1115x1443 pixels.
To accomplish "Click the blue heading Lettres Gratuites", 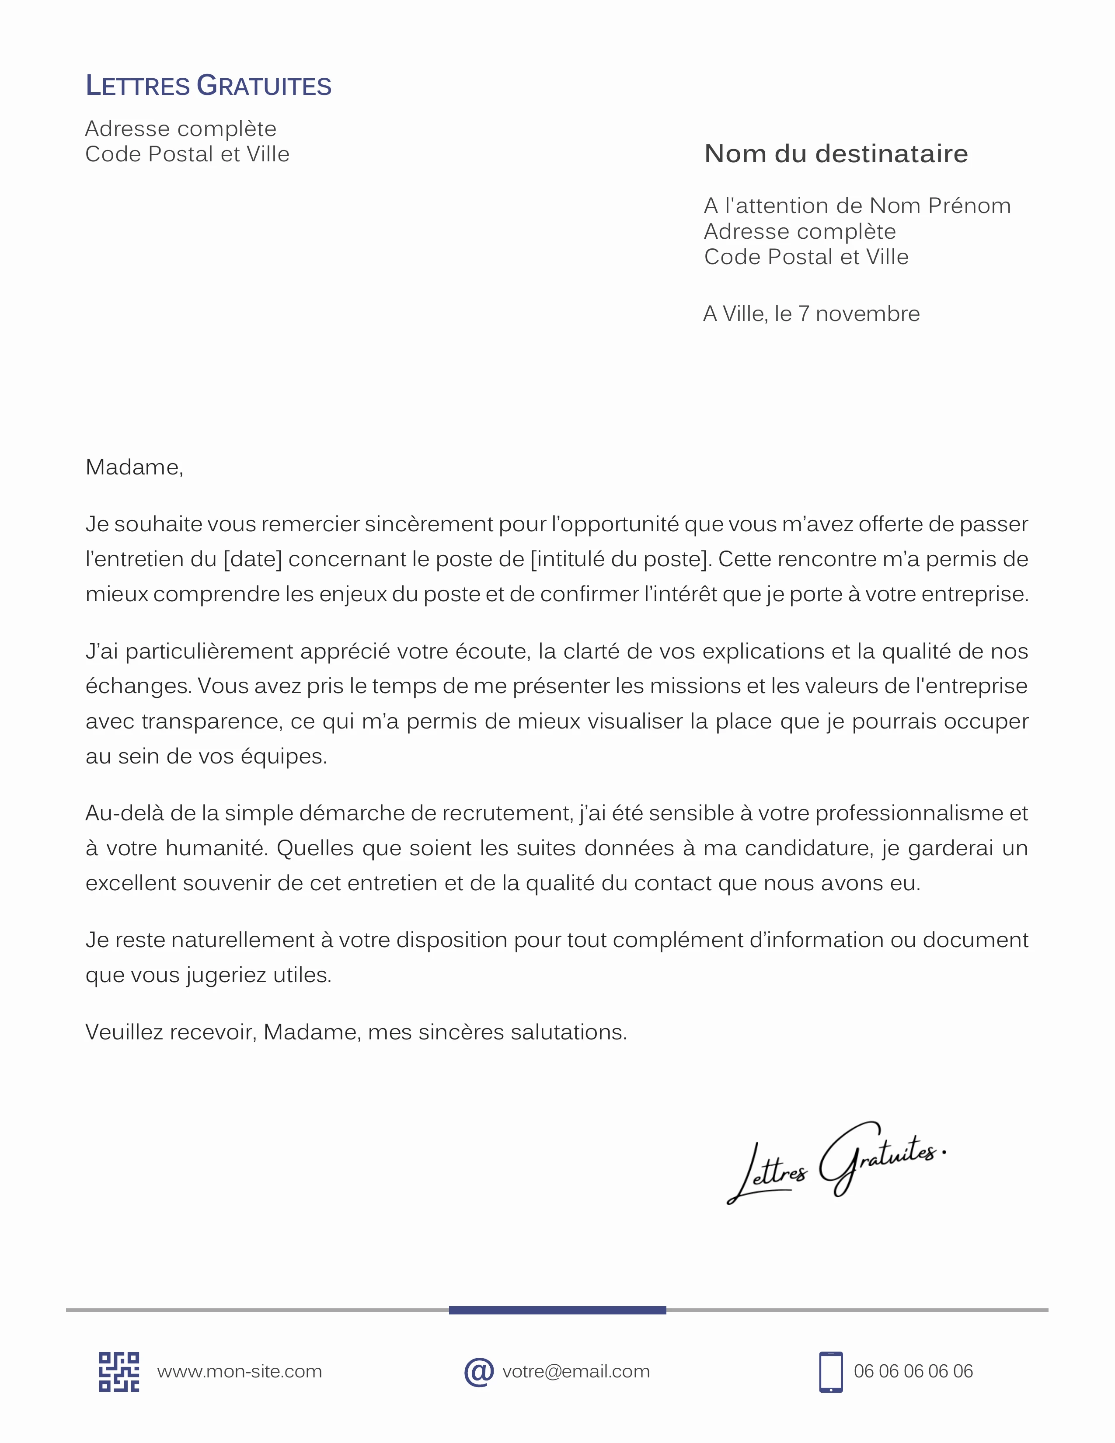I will [x=208, y=86].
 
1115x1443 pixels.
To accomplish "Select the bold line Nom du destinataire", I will [x=836, y=153].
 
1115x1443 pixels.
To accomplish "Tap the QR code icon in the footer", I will [x=119, y=1372].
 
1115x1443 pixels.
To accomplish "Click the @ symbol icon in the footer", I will [x=479, y=1372].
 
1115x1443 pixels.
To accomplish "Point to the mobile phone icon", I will [x=830, y=1372].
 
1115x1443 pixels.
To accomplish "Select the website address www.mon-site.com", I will [x=239, y=1372].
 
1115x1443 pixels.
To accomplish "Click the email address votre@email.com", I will [x=575, y=1372].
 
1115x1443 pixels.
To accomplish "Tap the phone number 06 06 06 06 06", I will [x=913, y=1372].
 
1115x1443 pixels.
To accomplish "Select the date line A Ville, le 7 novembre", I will [x=811, y=314].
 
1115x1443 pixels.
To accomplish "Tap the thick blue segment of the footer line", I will [x=557, y=1310].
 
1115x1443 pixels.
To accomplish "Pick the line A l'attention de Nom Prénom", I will [x=857, y=206].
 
